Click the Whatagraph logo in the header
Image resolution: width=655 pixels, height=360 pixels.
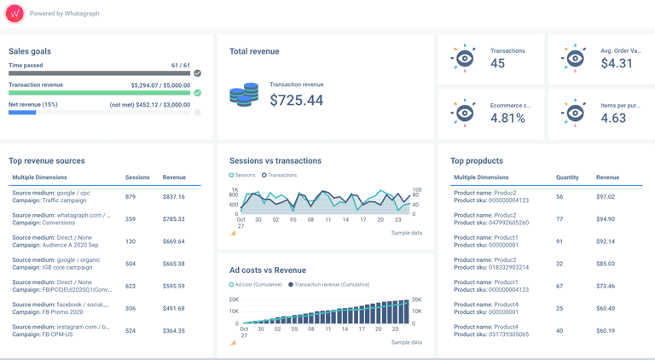click(14, 14)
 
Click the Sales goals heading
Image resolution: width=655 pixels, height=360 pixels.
click(30, 51)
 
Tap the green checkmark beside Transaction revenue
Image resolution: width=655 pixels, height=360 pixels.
click(197, 93)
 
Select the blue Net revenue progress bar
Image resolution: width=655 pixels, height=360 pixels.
click(22, 113)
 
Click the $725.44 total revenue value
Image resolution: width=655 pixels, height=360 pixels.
click(296, 100)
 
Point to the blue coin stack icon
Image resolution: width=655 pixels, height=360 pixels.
click(244, 94)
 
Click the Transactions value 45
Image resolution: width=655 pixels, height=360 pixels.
click(497, 64)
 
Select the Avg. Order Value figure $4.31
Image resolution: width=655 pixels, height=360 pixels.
click(617, 64)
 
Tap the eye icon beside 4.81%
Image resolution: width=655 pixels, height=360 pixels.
click(464, 113)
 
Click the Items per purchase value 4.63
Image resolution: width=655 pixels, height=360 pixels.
click(613, 118)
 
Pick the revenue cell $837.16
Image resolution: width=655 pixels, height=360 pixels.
click(174, 197)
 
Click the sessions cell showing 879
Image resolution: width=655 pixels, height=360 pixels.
click(130, 197)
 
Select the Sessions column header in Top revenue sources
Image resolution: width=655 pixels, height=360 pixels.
click(137, 177)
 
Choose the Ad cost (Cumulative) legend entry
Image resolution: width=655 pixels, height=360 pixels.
click(255, 284)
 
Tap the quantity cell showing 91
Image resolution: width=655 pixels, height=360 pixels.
click(559, 241)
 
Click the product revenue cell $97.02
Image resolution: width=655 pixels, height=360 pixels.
click(606, 197)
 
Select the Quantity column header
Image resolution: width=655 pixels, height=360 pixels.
click(567, 177)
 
